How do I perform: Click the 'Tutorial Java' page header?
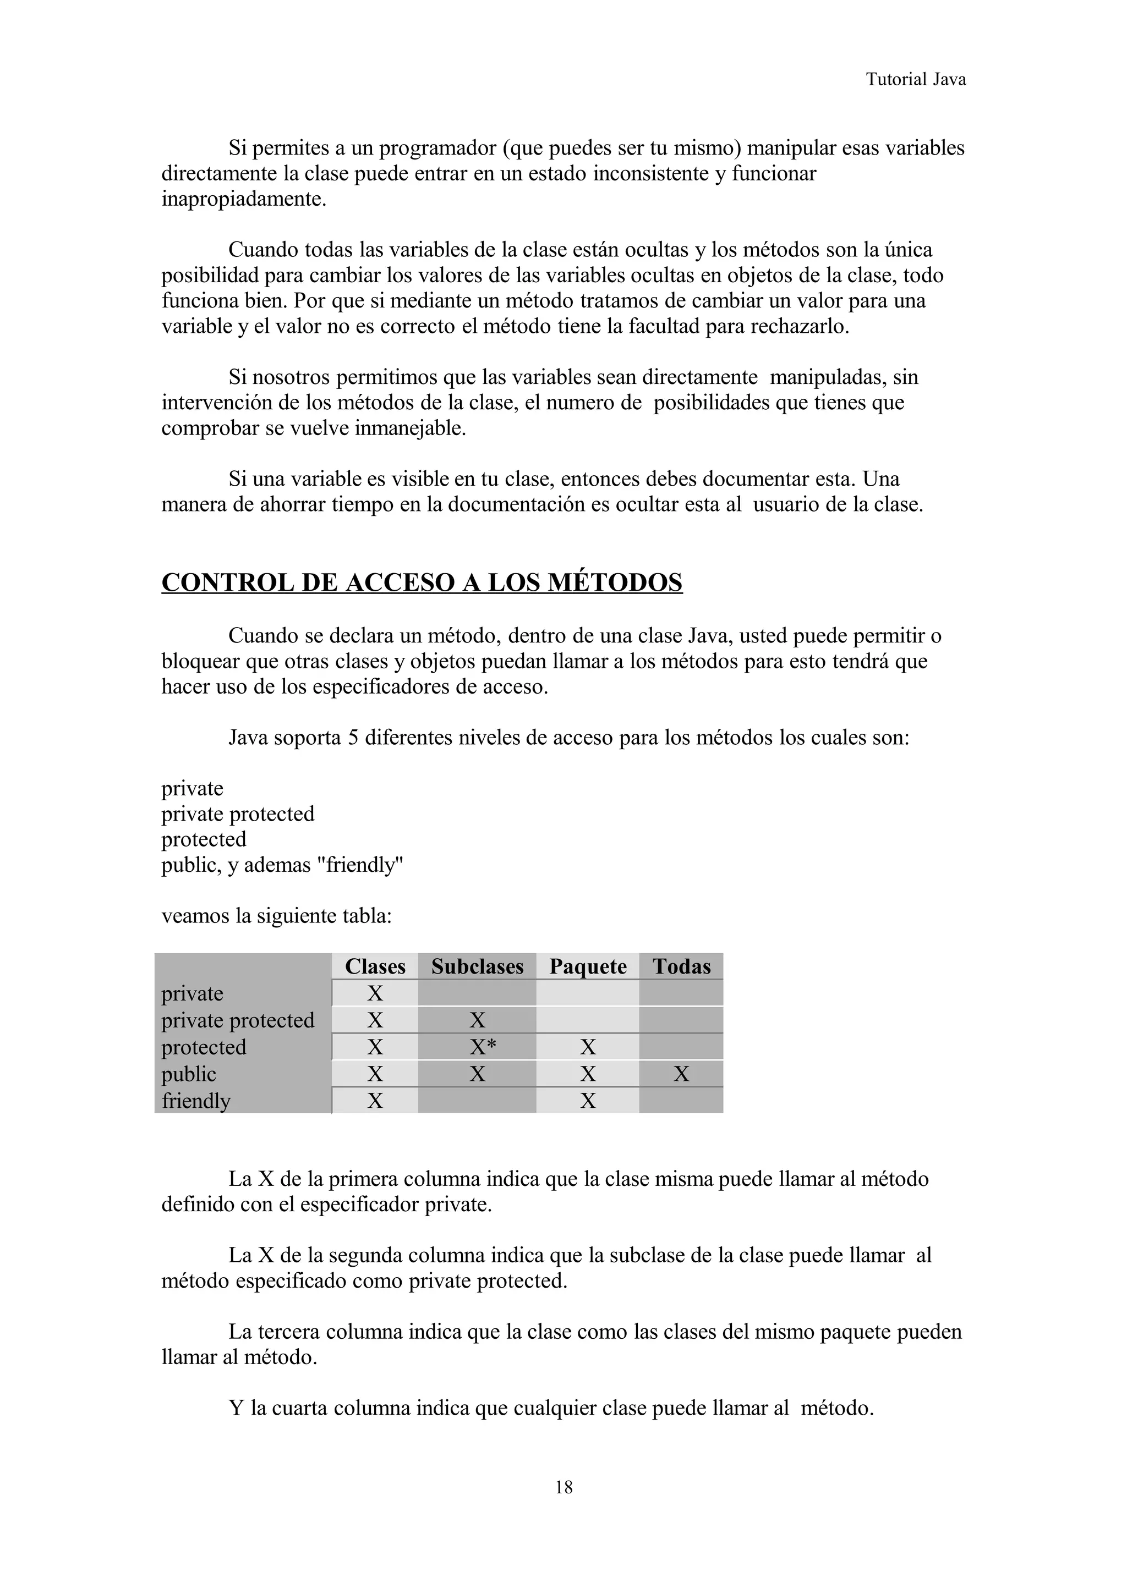[x=915, y=79]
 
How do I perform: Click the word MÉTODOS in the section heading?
[x=615, y=582]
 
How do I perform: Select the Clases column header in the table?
[x=375, y=966]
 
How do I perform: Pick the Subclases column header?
[x=477, y=966]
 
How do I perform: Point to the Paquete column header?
[x=588, y=966]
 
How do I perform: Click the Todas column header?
[x=681, y=966]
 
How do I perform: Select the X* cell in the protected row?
[x=483, y=1047]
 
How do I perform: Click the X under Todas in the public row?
[x=681, y=1074]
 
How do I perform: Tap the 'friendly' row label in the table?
[x=196, y=1101]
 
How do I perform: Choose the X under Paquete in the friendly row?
[x=588, y=1101]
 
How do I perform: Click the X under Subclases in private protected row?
[x=477, y=1020]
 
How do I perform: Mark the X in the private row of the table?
[x=375, y=993]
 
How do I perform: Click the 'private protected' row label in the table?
[x=238, y=1020]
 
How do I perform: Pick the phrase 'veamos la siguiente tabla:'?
[x=276, y=916]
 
